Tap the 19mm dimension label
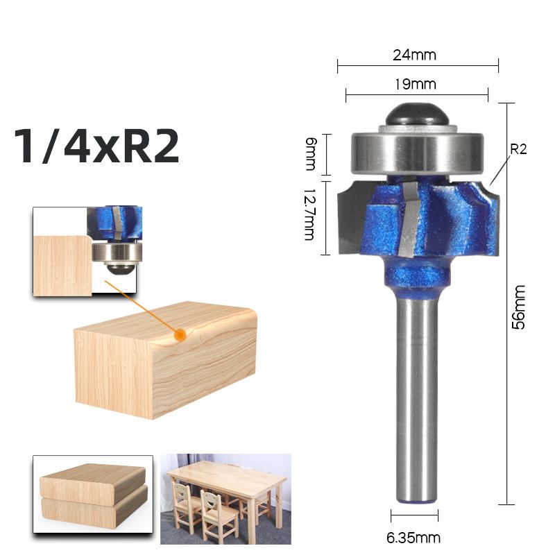(417, 84)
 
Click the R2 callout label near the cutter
(518, 149)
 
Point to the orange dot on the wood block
(180, 335)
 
